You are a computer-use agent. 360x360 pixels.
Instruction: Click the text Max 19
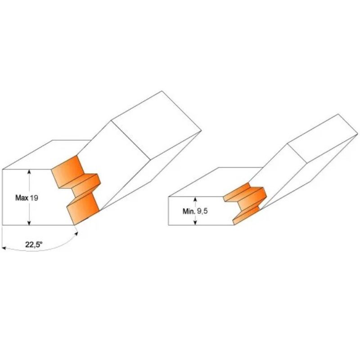pyautogui.click(x=27, y=198)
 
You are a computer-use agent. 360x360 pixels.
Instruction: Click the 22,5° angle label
pyautogui.click(x=34, y=245)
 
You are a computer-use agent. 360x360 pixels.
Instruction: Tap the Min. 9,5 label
pyautogui.click(x=195, y=211)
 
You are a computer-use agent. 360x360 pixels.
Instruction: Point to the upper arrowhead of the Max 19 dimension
pyautogui.click(x=29, y=171)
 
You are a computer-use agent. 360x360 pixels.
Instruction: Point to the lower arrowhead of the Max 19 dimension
pyautogui.click(x=29, y=223)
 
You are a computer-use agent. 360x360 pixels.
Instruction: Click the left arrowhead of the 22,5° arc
pyautogui.click(x=4, y=248)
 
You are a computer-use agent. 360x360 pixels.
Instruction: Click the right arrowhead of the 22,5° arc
pyautogui.click(x=76, y=234)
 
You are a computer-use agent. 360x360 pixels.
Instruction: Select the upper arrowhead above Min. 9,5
pyautogui.click(x=195, y=198)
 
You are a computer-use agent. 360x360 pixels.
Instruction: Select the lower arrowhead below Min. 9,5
pyautogui.click(x=195, y=223)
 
